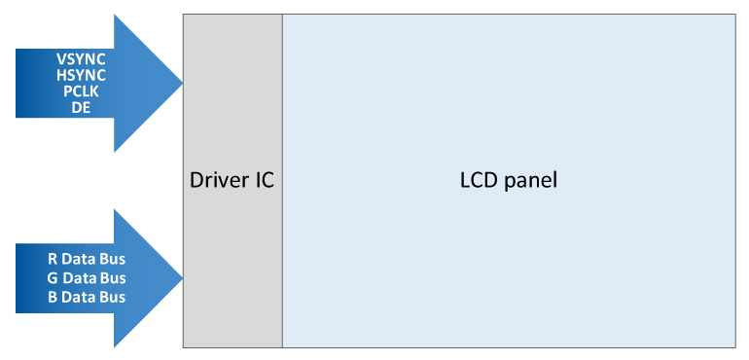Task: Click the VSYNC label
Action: (81, 59)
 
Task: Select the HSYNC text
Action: (81, 75)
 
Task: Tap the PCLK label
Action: (81, 90)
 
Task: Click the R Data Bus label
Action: (87, 260)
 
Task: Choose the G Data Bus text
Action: (87, 278)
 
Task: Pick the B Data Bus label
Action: (87, 297)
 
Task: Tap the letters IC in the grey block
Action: (262, 181)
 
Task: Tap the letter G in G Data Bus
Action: (53, 278)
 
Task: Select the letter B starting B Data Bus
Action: (53, 297)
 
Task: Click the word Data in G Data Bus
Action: (79, 278)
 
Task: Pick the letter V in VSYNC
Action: (61, 59)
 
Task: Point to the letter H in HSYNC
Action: (61, 75)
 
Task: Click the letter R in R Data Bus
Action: (53, 260)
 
